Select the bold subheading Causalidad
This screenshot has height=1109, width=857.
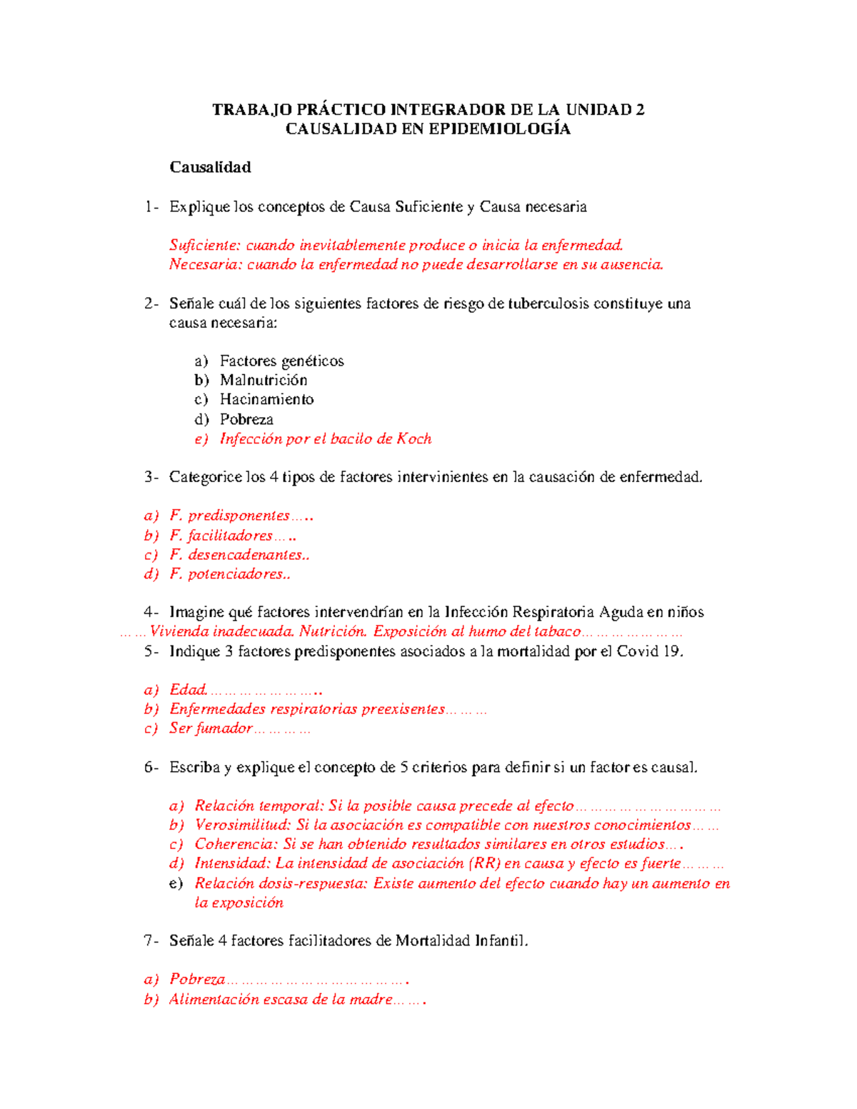pyautogui.click(x=210, y=167)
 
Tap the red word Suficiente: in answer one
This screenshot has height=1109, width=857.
pyautogui.click(x=205, y=245)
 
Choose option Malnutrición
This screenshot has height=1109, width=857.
pyautogui.click(x=264, y=380)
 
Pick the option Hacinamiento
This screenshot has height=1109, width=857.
pyautogui.click(x=266, y=399)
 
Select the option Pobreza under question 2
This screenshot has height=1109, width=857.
pyautogui.click(x=246, y=419)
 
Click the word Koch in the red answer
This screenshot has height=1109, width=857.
pyautogui.click(x=414, y=438)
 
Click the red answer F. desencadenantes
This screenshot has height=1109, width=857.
pyautogui.click(x=236, y=555)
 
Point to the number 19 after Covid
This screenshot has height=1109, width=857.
pyautogui.click(x=671, y=651)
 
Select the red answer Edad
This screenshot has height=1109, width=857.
pyautogui.click(x=188, y=690)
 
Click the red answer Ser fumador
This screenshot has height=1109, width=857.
pyautogui.click(x=211, y=728)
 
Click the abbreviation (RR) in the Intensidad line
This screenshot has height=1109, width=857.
pyautogui.click(x=485, y=863)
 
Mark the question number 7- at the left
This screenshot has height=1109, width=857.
pyautogui.click(x=151, y=940)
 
